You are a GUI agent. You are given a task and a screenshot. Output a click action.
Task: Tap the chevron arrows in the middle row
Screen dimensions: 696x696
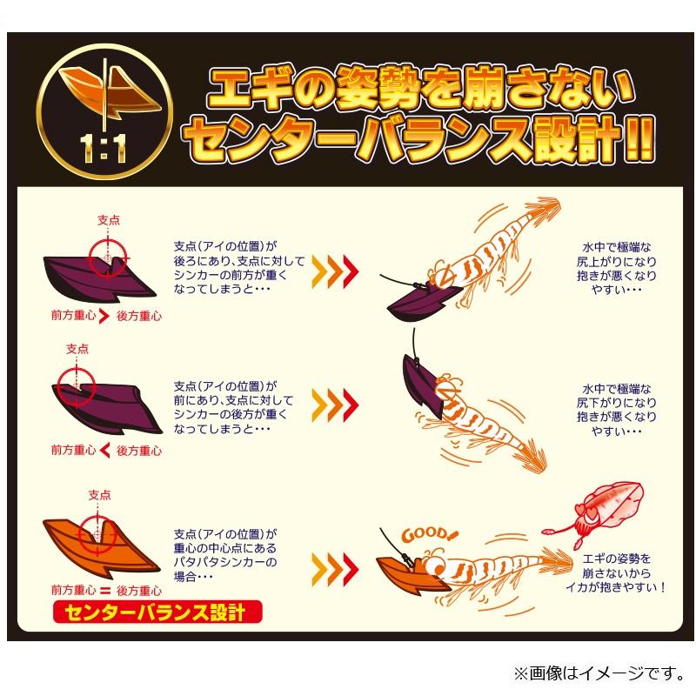[x=334, y=405]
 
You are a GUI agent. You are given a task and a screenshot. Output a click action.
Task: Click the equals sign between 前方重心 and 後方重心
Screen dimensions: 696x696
[x=104, y=590]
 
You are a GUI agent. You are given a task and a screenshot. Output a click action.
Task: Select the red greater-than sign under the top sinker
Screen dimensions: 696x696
[x=104, y=315]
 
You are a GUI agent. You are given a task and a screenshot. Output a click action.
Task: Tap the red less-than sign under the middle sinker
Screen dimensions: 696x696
[x=104, y=450]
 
